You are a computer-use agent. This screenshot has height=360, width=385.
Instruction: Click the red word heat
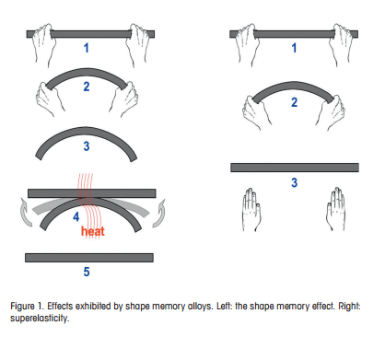coord(93,231)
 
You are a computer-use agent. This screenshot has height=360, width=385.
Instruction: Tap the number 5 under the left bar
coord(87,272)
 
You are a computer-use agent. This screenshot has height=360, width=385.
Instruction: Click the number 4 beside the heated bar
coord(76,216)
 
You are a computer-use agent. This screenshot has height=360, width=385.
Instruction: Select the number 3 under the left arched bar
coord(87,146)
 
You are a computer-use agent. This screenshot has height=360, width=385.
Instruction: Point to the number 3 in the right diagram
coord(294,182)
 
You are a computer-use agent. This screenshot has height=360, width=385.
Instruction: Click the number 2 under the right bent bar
coord(294,102)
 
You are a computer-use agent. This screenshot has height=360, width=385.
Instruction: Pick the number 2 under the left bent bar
coord(87,87)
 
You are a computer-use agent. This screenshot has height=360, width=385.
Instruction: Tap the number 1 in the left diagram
coord(87,48)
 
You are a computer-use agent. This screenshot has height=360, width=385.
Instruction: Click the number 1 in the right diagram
coord(294,48)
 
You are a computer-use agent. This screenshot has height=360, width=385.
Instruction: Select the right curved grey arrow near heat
coord(159,214)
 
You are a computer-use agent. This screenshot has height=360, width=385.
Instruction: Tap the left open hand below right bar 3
coord(251,210)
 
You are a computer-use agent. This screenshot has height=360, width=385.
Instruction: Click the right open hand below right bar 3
coord(335,209)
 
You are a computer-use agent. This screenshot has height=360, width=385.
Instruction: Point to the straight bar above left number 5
coord(89,258)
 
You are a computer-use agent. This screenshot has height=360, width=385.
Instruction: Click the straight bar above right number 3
coord(295,168)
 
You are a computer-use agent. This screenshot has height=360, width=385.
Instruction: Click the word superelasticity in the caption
coord(40,319)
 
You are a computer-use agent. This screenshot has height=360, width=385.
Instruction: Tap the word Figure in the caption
coord(22,307)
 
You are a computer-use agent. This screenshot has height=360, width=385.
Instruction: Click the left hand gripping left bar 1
coord(44,44)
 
